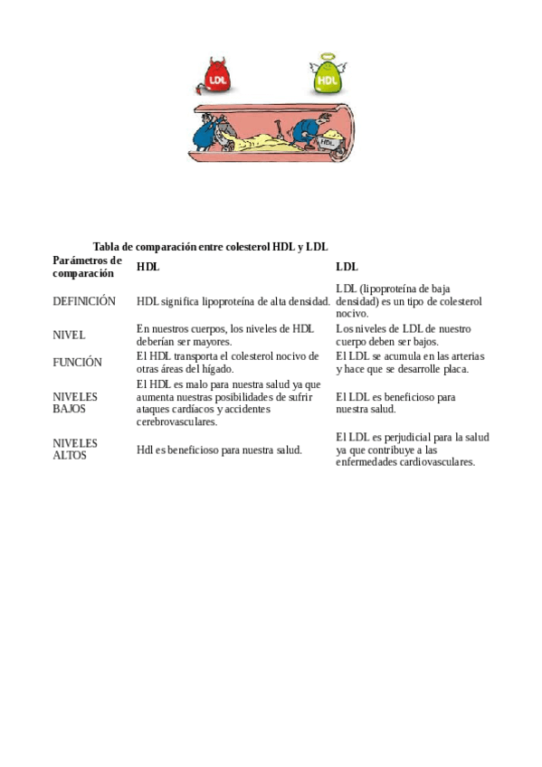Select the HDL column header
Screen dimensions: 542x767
tap(147, 267)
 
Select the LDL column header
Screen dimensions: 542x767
tap(347, 267)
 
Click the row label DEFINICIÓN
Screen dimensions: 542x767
tap(84, 301)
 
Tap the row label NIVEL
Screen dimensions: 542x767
tap(69, 335)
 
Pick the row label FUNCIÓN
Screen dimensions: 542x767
tap(77, 362)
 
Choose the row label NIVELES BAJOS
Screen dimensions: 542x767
tap(75, 402)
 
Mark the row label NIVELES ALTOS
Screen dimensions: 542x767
tap(75, 450)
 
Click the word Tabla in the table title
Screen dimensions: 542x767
tap(106, 247)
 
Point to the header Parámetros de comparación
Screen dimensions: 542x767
tap(86, 267)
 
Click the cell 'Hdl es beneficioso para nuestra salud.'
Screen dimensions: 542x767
tap(219, 450)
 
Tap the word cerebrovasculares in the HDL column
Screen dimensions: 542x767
tap(176, 421)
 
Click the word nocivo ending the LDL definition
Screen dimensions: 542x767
tap(351, 313)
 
